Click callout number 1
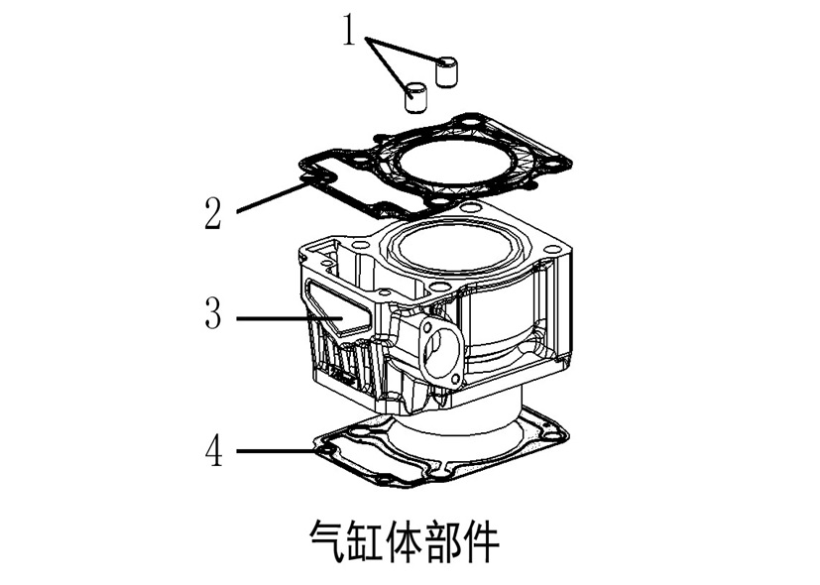coord(349,30)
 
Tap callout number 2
coord(213,213)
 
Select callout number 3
coord(213,312)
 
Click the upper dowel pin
coord(446,70)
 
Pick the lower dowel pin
coord(415,96)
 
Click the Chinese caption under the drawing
coord(404,540)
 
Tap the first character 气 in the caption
coord(327,540)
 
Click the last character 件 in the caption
coord(481,540)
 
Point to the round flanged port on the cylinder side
coord(438,349)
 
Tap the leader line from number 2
coord(272,196)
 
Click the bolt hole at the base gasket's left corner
coord(328,449)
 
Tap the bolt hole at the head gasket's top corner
coord(474,122)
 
